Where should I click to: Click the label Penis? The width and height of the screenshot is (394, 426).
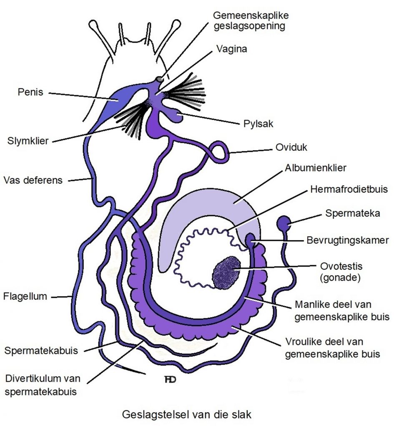tap(30, 92)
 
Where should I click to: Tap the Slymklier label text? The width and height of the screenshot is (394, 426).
tap(28, 141)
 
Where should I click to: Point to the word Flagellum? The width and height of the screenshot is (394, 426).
tap(25, 297)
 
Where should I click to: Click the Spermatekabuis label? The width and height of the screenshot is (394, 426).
tap(41, 350)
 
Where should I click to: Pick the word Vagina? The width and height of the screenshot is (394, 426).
tap(231, 49)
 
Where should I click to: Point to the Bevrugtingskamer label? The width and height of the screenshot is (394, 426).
tap(347, 240)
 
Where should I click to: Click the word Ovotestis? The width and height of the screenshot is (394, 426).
tap(340, 266)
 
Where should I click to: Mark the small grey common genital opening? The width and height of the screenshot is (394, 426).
tap(160, 79)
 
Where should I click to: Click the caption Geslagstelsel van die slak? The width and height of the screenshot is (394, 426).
tap(187, 414)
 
